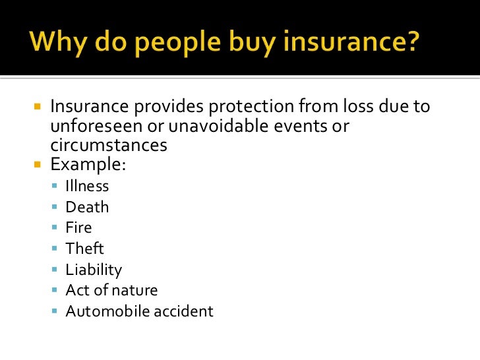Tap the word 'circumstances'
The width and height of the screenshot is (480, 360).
coord(109,144)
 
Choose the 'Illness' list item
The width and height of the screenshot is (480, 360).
coord(87,187)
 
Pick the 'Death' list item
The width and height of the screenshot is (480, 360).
coord(87,207)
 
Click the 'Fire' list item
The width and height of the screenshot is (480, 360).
coord(78,228)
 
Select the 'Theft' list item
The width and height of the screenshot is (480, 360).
coord(85,249)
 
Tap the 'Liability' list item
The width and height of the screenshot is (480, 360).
coord(94,270)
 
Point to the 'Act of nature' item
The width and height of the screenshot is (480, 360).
coord(111,290)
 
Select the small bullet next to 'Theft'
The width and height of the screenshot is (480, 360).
coord(55,249)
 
